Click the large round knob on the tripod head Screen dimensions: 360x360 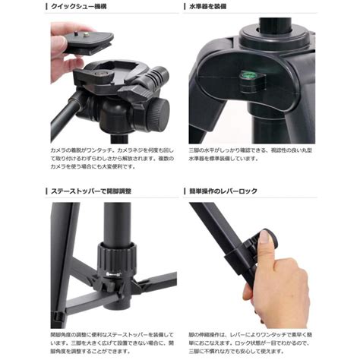click(x=158, y=116)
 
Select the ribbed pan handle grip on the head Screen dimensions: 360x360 click(x=156, y=77)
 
